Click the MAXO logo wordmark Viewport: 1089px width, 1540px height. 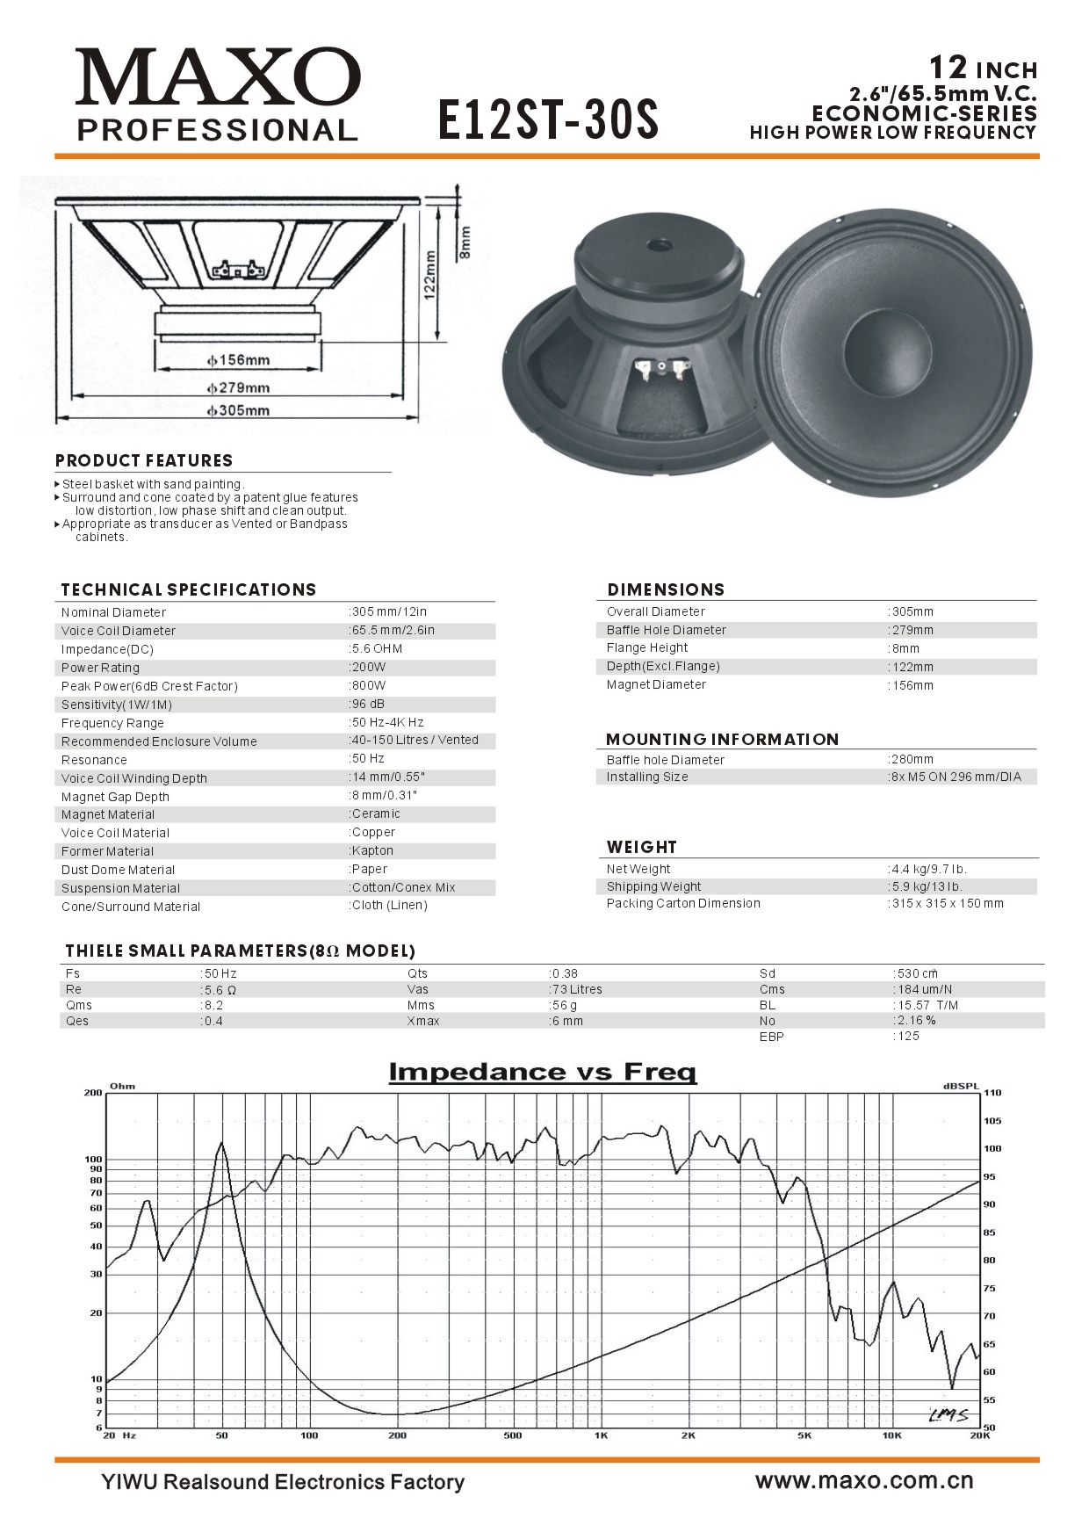point(218,77)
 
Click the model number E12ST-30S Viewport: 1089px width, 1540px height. point(548,119)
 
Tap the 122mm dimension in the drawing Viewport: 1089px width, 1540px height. point(430,275)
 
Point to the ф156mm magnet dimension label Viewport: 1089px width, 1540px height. point(239,360)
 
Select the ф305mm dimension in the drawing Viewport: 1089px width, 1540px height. point(239,410)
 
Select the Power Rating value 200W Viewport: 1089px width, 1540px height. point(369,667)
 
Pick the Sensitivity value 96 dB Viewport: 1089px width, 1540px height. point(368,704)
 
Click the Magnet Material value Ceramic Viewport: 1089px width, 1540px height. point(376,813)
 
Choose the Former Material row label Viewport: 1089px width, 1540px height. point(107,851)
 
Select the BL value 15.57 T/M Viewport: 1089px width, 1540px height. point(927,1005)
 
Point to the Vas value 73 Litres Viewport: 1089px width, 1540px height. point(577,989)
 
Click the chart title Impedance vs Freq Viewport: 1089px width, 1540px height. point(543,1073)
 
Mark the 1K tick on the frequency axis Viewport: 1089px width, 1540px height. point(601,1435)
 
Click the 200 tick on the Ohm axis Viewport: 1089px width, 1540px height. point(93,1093)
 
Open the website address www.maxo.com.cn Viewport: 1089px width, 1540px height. point(864,1480)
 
